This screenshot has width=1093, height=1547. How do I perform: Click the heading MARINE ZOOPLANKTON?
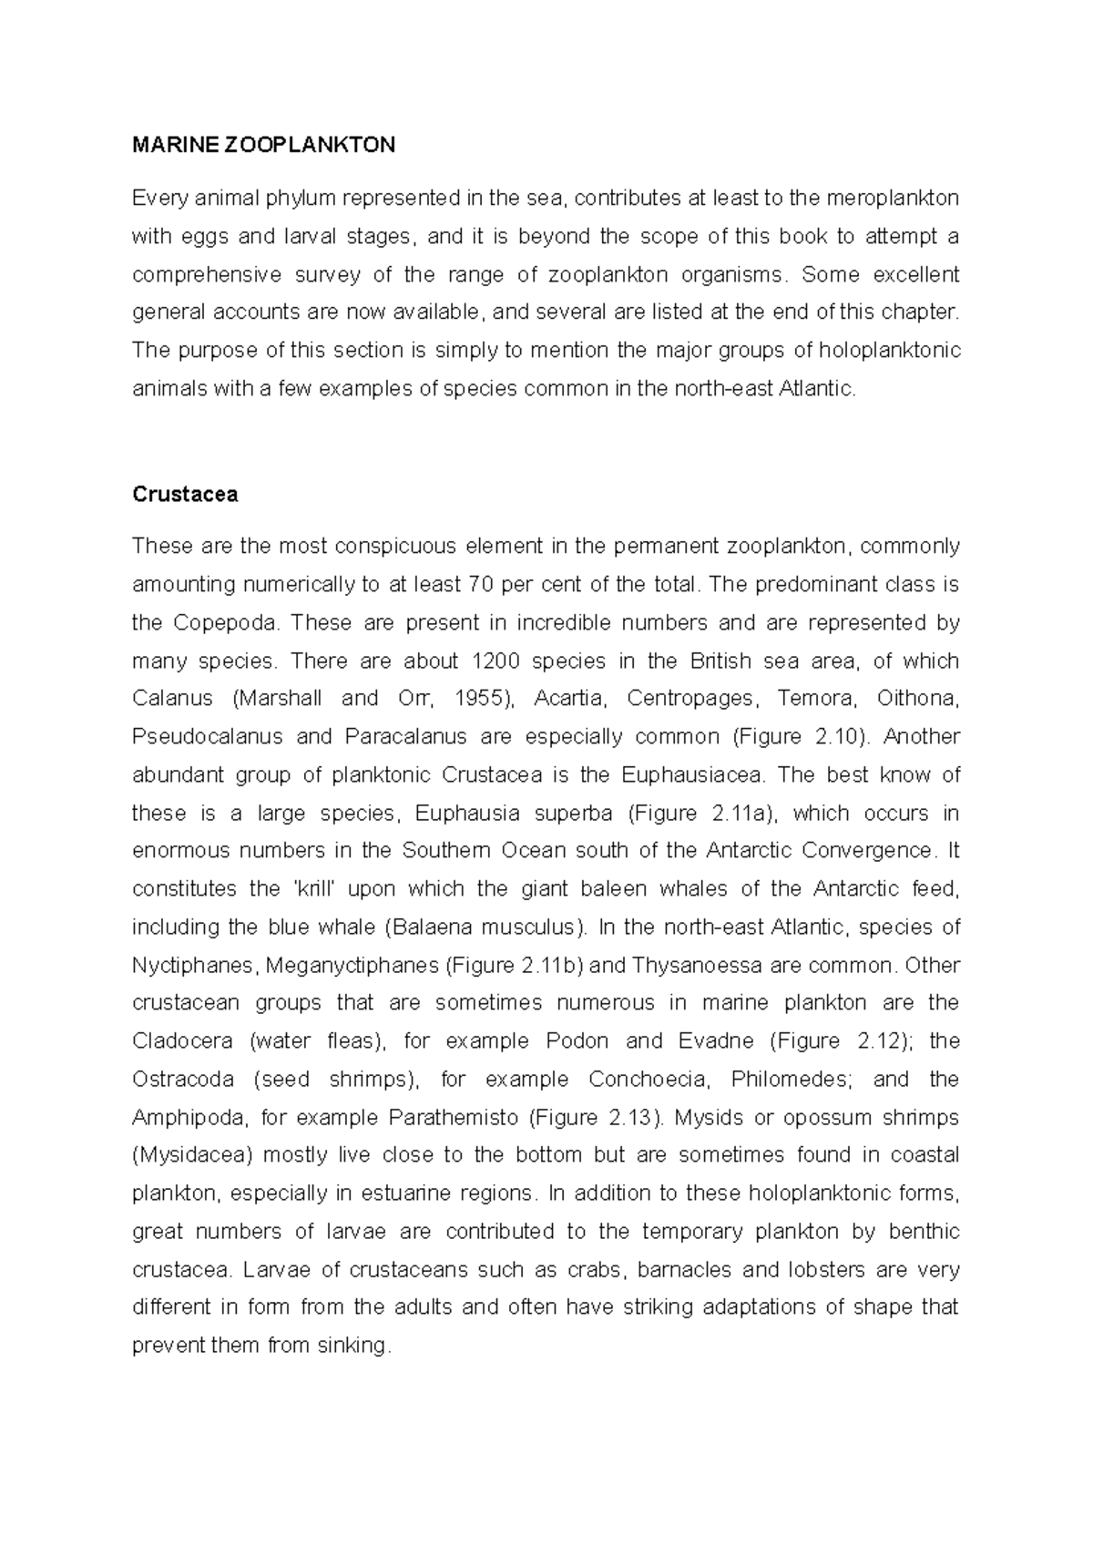point(263,145)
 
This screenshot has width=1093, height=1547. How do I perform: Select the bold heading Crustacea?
point(185,495)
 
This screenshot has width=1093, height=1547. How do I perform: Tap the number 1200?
point(498,661)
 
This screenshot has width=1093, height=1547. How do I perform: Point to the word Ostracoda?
point(183,1080)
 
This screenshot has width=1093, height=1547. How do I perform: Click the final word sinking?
point(352,1346)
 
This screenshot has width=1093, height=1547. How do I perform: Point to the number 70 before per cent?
point(481,584)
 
